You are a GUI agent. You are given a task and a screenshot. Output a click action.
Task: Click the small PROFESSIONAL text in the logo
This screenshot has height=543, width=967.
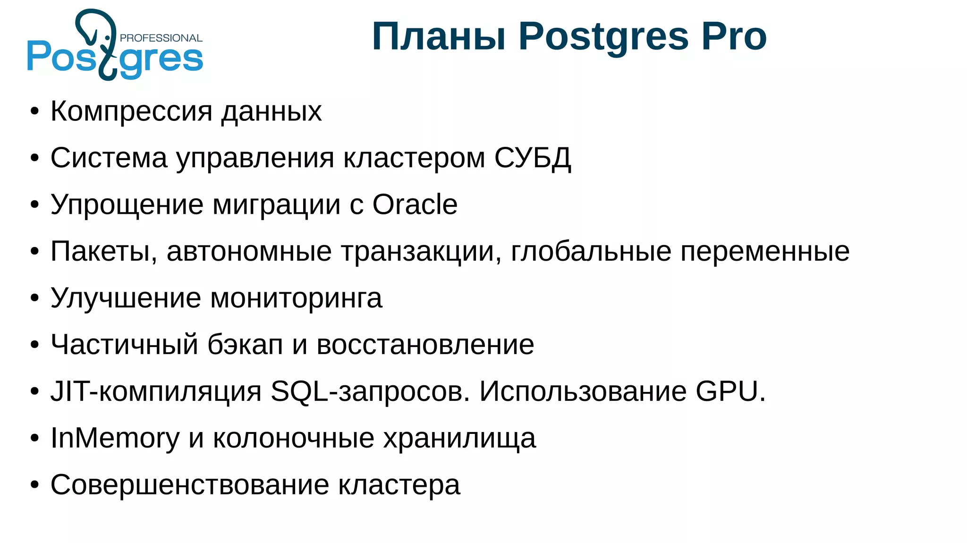click(x=161, y=38)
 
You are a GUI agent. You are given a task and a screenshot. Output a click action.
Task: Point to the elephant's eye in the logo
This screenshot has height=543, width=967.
click(x=108, y=37)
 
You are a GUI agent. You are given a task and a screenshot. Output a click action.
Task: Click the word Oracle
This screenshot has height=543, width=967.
click(x=415, y=204)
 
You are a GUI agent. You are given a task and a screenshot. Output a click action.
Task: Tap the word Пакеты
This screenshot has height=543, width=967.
click(x=103, y=251)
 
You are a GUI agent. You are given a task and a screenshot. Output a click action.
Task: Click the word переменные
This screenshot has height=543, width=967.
click(x=765, y=251)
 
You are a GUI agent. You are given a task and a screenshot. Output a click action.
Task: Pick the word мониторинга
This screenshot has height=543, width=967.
click(x=296, y=298)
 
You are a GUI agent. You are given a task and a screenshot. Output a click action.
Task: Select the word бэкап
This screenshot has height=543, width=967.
click(x=245, y=345)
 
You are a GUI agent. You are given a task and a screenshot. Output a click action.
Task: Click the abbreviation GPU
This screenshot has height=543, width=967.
click(x=731, y=391)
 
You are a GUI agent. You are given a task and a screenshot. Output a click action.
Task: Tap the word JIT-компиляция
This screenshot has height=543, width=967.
click(x=156, y=391)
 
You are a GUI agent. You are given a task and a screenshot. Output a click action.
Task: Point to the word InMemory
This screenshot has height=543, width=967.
click(x=115, y=438)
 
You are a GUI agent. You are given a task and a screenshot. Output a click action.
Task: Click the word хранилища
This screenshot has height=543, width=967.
click(x=459, y=438)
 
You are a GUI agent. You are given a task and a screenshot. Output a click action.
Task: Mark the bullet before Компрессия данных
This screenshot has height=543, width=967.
click(x=34, y=112)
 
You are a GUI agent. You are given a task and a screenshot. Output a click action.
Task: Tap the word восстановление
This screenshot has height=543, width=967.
click(x=425, y=345)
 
